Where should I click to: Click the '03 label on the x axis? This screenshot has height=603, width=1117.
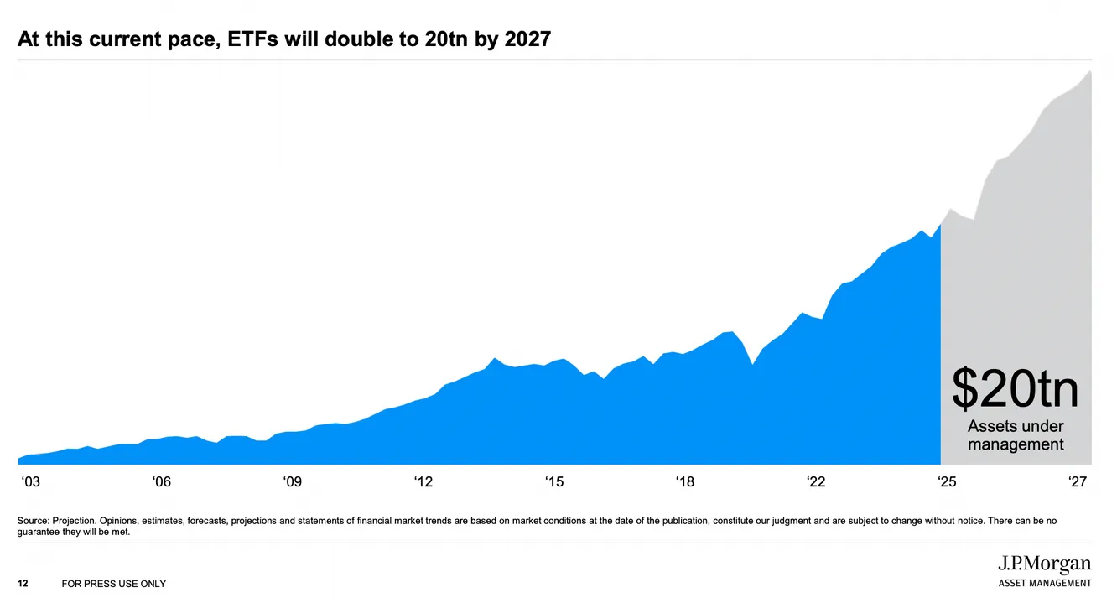pyautogui.click(x=30, y=481)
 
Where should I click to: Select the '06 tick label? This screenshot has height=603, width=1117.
pyautogui.click(x=162, y=481)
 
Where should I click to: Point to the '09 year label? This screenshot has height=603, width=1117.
pyautogui.click(x=292, y=481)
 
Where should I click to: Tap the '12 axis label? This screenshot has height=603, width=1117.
pyautogui.click(x=423, y=481)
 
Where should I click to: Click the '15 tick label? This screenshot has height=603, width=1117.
pyautogui.click(x=554, y=481)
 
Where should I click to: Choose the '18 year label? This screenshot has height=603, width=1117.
pyautogui.click(x=685, y=481)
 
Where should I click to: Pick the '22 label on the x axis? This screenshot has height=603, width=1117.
pyautogui.click(x=816, y=481)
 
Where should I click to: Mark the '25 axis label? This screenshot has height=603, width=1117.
pyautogui.click(x=947, y=481)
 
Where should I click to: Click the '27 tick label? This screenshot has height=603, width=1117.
pyautogui.click(x=1078, y=481)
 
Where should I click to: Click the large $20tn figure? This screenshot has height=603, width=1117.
pyautogui.click(x=1016, y=389)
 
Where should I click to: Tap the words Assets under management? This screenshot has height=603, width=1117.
pyautogui.click(x=1016, y=435)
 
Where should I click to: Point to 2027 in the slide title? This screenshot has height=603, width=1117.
pyautogui.click(x=527, y=39)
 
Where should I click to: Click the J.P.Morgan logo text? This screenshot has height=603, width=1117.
pyautogui.click(x=1045, y=564)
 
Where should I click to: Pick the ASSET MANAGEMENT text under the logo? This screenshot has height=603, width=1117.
pyautogui.click(x=1045, y=583)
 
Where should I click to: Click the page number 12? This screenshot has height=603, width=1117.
pyautogui.click(x=23, y=584)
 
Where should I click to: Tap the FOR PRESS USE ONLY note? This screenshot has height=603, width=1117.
pyautogui.click(x=114, y=584)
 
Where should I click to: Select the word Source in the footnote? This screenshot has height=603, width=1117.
pyautogui.click(x=33, y=521)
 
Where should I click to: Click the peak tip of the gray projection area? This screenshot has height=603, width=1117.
pyautogui.click(x=1090, y=71)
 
